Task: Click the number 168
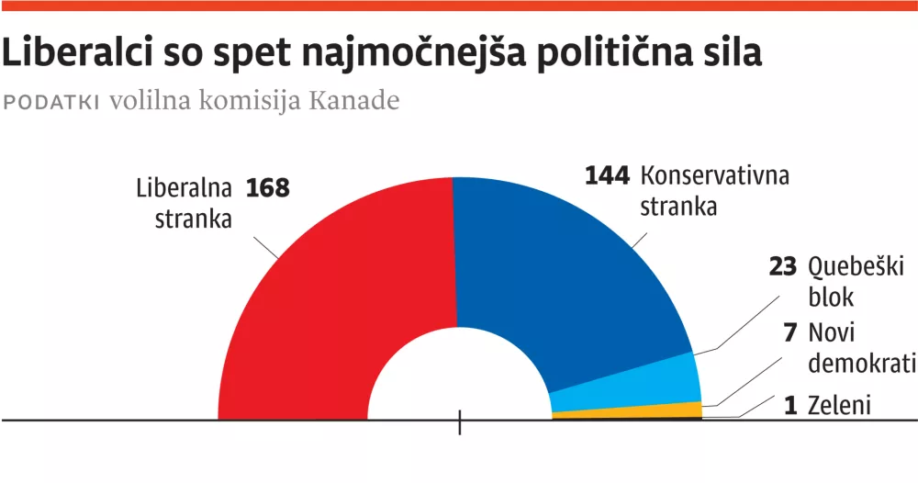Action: click(267, 188)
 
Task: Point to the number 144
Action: click(608, 175)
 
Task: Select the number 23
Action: click(783, 267)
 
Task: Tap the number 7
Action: click(791, 332)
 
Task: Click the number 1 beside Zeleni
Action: click(791, 403)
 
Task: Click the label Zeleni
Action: click(837, 403)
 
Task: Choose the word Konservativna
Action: click(715, 175)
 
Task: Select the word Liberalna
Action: click(184, 188)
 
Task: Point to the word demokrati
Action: click(861, 363)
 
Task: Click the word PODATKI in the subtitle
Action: click(52, 102)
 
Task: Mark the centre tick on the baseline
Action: click(459, 422)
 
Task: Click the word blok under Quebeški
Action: click(831, 298)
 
